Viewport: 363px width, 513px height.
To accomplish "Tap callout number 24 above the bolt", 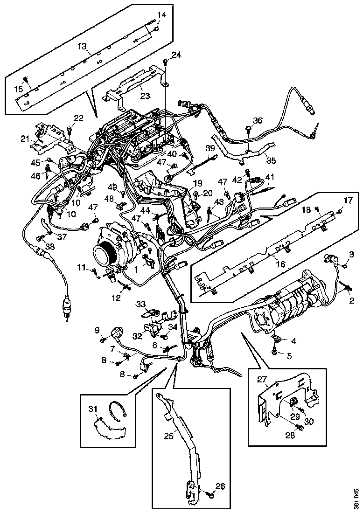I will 176,55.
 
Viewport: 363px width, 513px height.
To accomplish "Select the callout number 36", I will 258,120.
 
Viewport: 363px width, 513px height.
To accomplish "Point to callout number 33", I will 141,304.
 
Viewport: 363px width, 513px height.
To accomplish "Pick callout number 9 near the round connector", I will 98,330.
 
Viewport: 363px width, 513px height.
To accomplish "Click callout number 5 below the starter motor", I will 289,356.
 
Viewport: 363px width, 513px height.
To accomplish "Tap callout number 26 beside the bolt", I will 220,486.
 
